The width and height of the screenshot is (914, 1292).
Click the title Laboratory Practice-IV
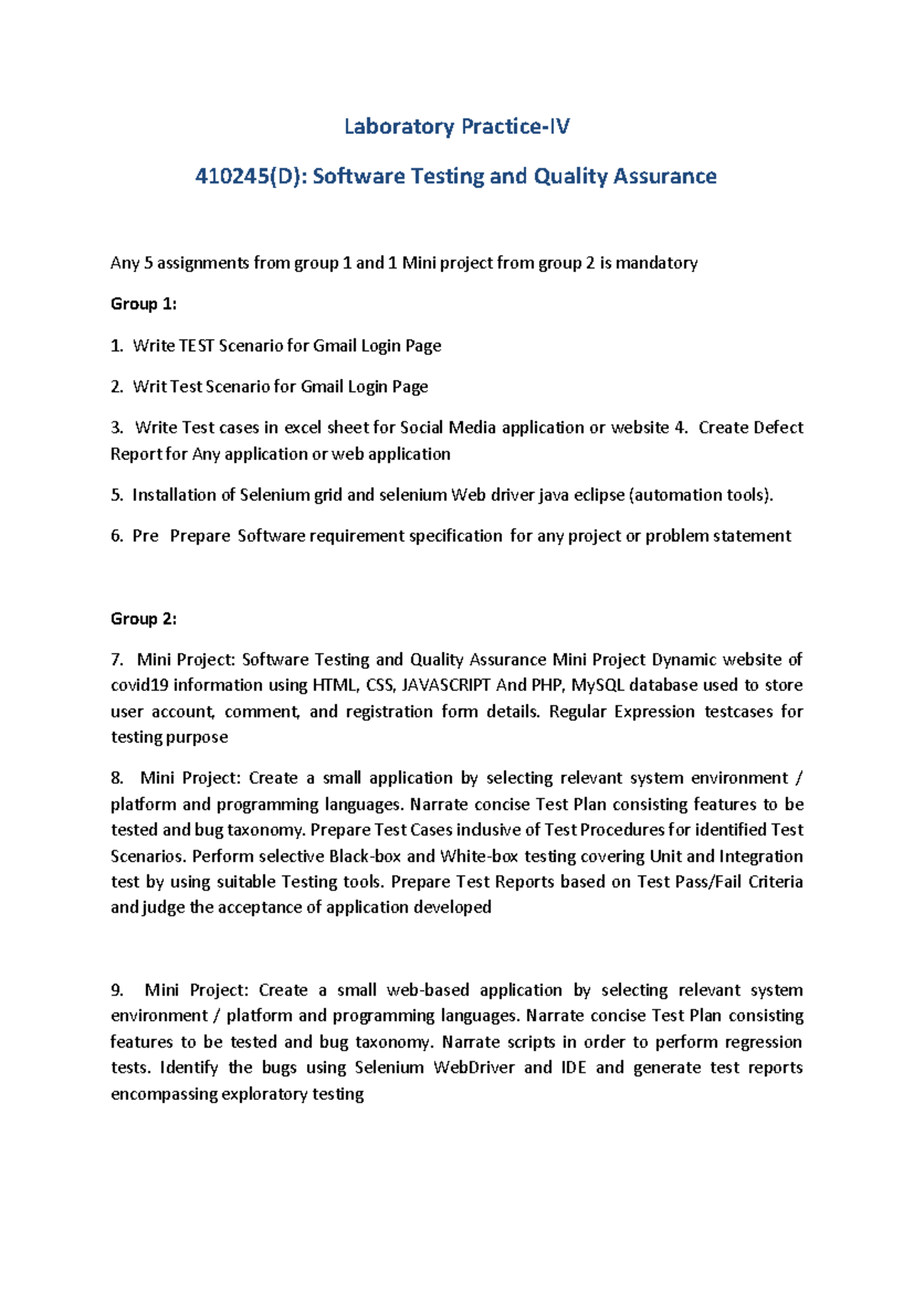[x=456, y=126]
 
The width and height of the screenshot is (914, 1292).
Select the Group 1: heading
[x=143, y=304]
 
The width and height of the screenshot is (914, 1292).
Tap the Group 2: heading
[x=143, y=619]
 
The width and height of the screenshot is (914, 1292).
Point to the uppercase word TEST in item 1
[x=197, y=346]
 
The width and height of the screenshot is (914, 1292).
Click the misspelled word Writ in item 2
[x=149, y=387]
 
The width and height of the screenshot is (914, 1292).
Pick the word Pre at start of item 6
[x=145, y=536]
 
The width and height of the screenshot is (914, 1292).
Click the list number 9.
[x=117, y=990]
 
